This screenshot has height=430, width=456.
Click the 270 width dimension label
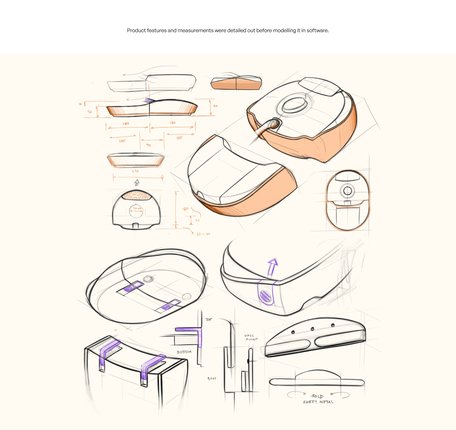(135, 171)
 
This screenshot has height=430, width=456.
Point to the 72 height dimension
(90, 112)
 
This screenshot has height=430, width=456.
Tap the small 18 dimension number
(80, 104)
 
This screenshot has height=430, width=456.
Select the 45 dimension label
(197, 220)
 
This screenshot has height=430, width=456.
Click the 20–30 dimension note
(204, 234)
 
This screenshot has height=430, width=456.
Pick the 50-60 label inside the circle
(137, 208)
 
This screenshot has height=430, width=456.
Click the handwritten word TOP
(209, 320)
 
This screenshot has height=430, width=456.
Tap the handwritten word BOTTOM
(184, 352)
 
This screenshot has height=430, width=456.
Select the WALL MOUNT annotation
(251, 337)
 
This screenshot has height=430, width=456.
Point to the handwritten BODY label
(212, 379)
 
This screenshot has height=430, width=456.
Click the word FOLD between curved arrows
(317, 396)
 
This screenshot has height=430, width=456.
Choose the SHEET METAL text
(318, 402)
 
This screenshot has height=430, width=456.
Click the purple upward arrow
(272, 267)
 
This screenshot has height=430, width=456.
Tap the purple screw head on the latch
(264, 296)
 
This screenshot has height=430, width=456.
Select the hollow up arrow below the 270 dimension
(137, 182)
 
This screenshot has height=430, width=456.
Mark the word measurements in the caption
(195, 31)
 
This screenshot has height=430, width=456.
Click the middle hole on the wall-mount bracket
(312, 329)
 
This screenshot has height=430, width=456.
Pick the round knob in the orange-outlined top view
(348, 191)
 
